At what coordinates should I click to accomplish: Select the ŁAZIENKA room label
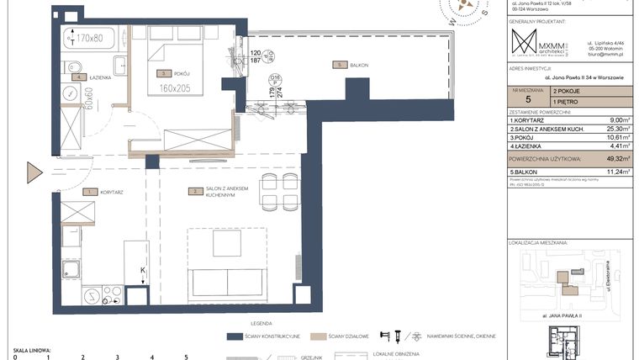tap(99, 77)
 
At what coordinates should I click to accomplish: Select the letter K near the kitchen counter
tap(143, 270)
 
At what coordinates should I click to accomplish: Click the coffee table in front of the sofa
tap(227, 244)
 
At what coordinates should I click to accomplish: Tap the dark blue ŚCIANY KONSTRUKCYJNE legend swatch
tap(246, 336)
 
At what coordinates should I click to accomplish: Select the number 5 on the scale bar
tap(185, 357)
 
